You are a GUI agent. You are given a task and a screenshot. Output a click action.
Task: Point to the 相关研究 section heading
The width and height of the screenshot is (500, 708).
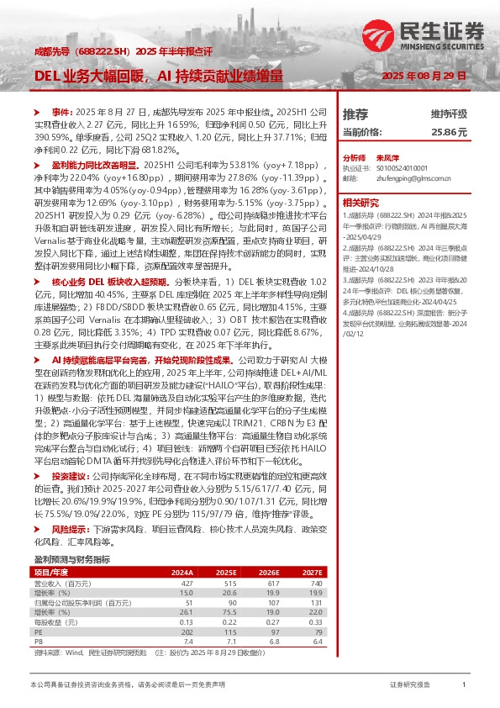click(362, 202)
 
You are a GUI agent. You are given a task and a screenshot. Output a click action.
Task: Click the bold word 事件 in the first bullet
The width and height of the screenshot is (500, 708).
click(62, 112)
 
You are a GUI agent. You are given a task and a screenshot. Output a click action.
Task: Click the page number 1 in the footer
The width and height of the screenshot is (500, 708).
click(464, 686)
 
